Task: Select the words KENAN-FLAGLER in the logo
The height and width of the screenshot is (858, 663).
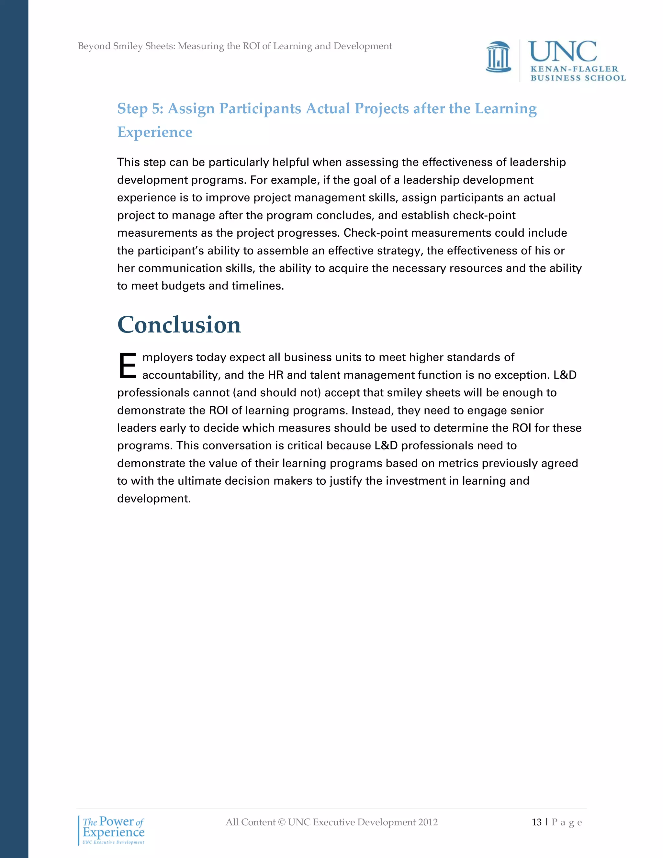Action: click(x=574, y=69)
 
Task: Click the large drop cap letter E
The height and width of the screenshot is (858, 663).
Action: click(x=127, y=366)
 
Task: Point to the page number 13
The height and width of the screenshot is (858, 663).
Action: click(x=536, y=822)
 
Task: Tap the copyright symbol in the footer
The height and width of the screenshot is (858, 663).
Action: click(x=281, y=822)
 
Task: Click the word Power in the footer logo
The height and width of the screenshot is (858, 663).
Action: click(x=116, y=821)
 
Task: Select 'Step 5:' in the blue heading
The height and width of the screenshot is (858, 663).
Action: click(x=140, y=109)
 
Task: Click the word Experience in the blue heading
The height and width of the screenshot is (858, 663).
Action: click(x=155, y=132)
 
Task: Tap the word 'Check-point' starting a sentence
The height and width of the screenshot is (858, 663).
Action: click(x=376, y=233)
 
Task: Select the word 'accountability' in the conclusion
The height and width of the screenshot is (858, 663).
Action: click(x=180, y=375)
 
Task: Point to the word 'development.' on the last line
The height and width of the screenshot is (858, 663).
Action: click(x=153, y=499)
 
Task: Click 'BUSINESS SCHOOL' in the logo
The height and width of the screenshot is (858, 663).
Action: click(x=578, y=78)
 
